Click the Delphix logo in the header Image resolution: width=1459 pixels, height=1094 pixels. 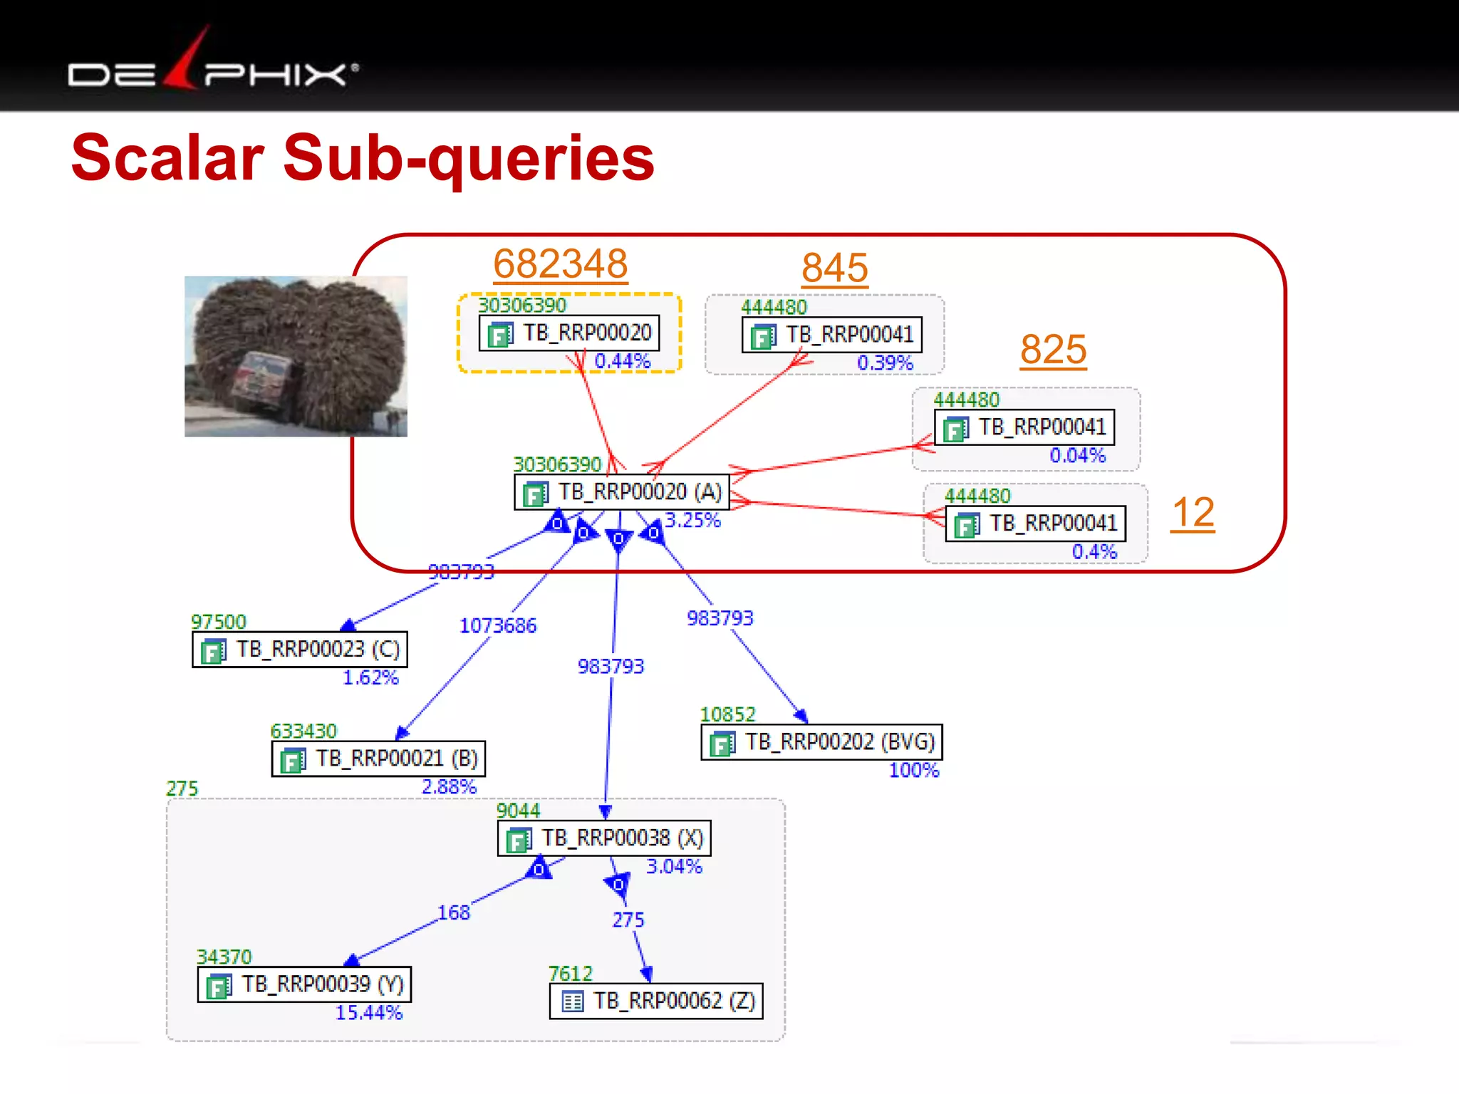click(213, 68)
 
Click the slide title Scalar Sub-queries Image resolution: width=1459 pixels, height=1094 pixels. click(363, 157)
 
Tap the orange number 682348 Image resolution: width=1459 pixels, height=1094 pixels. click(561, 264)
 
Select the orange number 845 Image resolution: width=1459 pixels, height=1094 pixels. click(834, 269)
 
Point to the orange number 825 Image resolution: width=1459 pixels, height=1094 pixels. click(1053, 350)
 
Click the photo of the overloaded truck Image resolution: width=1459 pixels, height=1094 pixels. click(296, 356)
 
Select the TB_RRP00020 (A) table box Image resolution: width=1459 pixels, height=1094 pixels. click(621, 492)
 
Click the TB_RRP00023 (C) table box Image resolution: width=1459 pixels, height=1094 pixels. click(300, 650)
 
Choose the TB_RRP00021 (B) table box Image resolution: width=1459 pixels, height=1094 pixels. click(379, 759)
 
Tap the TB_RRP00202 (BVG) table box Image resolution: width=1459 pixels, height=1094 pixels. click(821, 742)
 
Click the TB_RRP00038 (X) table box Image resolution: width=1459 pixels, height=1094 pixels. click(604, 838)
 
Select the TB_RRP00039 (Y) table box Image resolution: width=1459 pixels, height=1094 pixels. click(305, 984)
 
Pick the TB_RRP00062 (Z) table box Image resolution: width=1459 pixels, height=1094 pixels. click(656, 1001)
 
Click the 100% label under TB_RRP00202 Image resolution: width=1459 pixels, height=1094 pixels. click(914, 771)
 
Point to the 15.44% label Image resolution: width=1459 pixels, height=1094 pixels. click(369, 1013)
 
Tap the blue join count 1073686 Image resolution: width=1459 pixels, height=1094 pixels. click(498, 626)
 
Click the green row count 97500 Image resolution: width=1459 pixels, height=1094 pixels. click(219, 622)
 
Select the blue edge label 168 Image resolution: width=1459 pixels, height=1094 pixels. click(454, 912)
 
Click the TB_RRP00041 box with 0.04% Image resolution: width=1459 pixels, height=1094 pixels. click(1024, 427)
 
